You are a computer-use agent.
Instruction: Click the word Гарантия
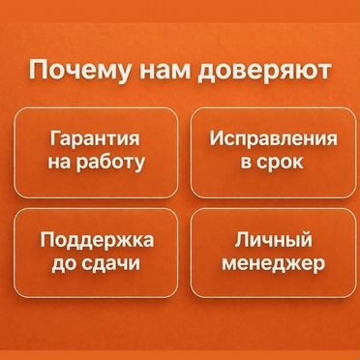[x=96, y=139]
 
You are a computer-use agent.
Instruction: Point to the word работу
[x=112, y=162]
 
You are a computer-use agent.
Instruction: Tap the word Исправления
[x=274, y=138]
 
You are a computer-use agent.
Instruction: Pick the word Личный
[x=274, y=240]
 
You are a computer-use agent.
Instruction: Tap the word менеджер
[x=274, y=262]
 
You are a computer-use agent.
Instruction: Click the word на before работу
[x=59, y=162]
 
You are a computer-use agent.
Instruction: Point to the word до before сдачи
[x=60, y=262]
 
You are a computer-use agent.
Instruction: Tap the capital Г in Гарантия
[x=53, y=139]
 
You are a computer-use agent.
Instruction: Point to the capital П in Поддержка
[x=46, y=240]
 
